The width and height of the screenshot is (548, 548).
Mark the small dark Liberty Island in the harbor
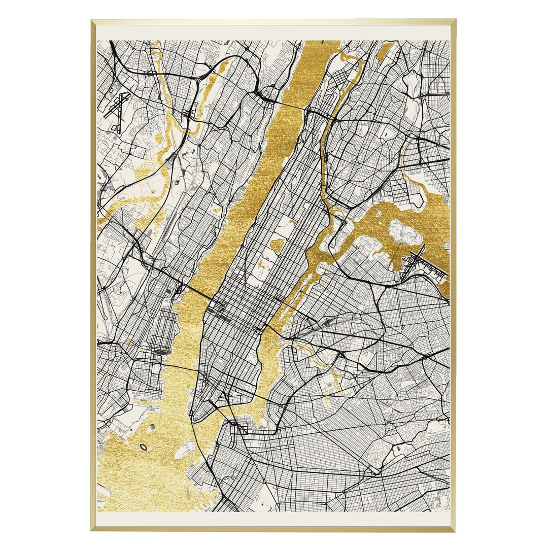click(x=143, y=447)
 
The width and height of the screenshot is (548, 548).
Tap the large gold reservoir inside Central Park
click(x=278, y=245)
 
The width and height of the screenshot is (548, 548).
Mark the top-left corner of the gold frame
click(x=92, y=21)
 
